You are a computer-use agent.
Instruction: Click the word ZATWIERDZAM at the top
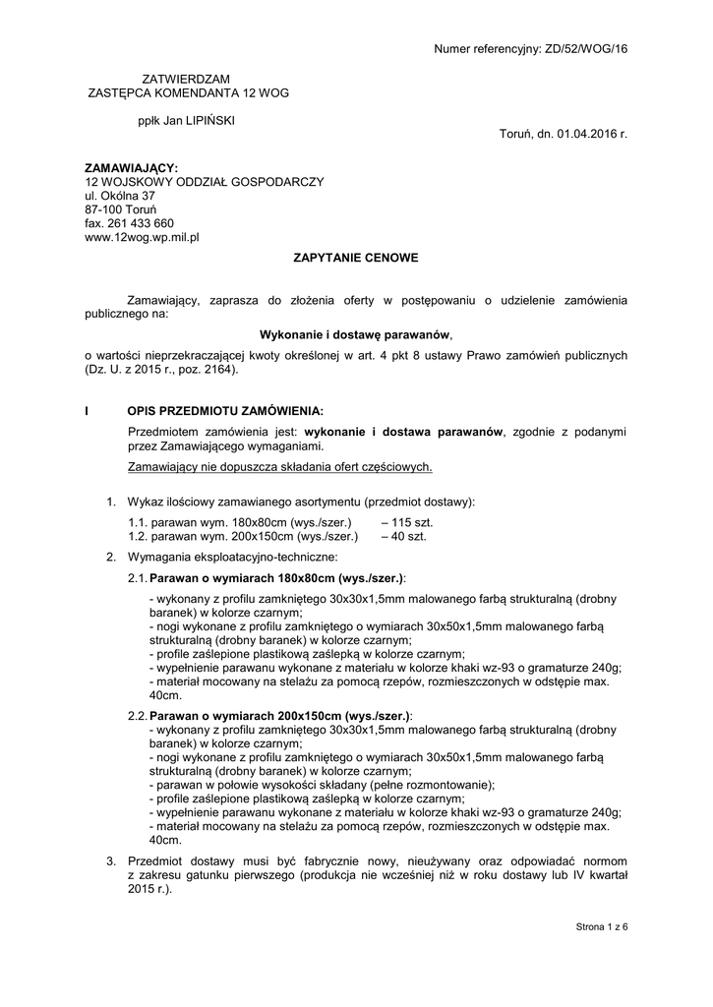pos(188,78)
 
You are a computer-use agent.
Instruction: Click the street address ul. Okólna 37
pos(120,196)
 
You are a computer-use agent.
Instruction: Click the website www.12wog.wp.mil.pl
pos(142,237)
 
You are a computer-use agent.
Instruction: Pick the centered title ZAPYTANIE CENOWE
pos(357,258)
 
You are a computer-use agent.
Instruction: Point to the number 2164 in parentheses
pos(220,371)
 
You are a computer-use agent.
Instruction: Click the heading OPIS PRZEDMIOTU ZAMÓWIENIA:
pos(225,410)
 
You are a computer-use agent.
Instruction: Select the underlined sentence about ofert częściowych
pos(280,466)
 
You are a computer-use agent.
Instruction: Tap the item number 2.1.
pos(138,578)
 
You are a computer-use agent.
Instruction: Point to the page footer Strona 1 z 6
pos(601,926)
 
